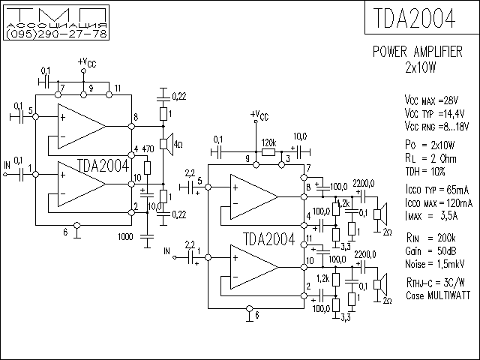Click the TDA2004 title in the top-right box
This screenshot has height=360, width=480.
[414, 18]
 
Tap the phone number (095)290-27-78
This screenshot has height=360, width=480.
[56, 34]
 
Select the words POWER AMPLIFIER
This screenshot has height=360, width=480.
[418, 52]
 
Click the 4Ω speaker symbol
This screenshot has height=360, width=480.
[167, 143]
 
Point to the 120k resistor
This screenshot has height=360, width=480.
[268, 151]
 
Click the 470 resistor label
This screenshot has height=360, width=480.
[148, 149]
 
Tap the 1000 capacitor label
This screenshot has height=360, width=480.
[125, 237]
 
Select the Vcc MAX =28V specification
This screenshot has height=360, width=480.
[431, 100]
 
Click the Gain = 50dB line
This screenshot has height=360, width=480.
[430, 251]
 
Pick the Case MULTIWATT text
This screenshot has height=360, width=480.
[438, 295]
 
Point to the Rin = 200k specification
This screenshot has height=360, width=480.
[430, 238]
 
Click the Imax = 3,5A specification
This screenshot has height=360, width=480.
[431, 216]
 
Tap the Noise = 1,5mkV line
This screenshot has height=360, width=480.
[435, 264]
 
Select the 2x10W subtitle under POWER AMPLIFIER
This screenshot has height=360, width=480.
[420, 67]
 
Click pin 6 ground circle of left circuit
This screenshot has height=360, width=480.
[77, 226]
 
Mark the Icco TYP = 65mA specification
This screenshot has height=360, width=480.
[437, 190]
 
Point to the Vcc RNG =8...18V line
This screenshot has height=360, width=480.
[436, 126]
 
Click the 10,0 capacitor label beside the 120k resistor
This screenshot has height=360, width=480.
[300, 136]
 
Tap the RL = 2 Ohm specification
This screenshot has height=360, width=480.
[430, 158]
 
